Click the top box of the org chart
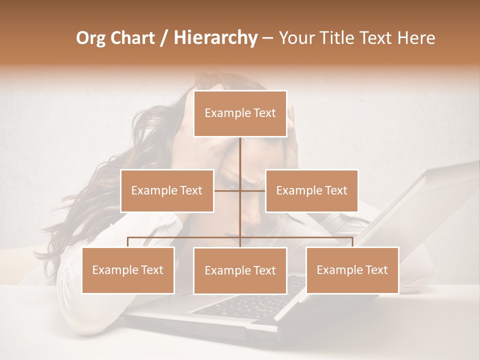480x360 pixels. [x=240, y=113]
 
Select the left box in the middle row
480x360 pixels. [x=167, y=190]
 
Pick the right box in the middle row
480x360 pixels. [x=311, y=190]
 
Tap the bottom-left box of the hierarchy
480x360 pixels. [x=128, y=270]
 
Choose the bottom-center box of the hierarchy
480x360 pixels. [x=240, y=270]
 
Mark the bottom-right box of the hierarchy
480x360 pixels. [x=352, y=270]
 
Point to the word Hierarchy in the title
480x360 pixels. [x=215, y=38]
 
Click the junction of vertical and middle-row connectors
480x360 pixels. [x=240, y=190]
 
